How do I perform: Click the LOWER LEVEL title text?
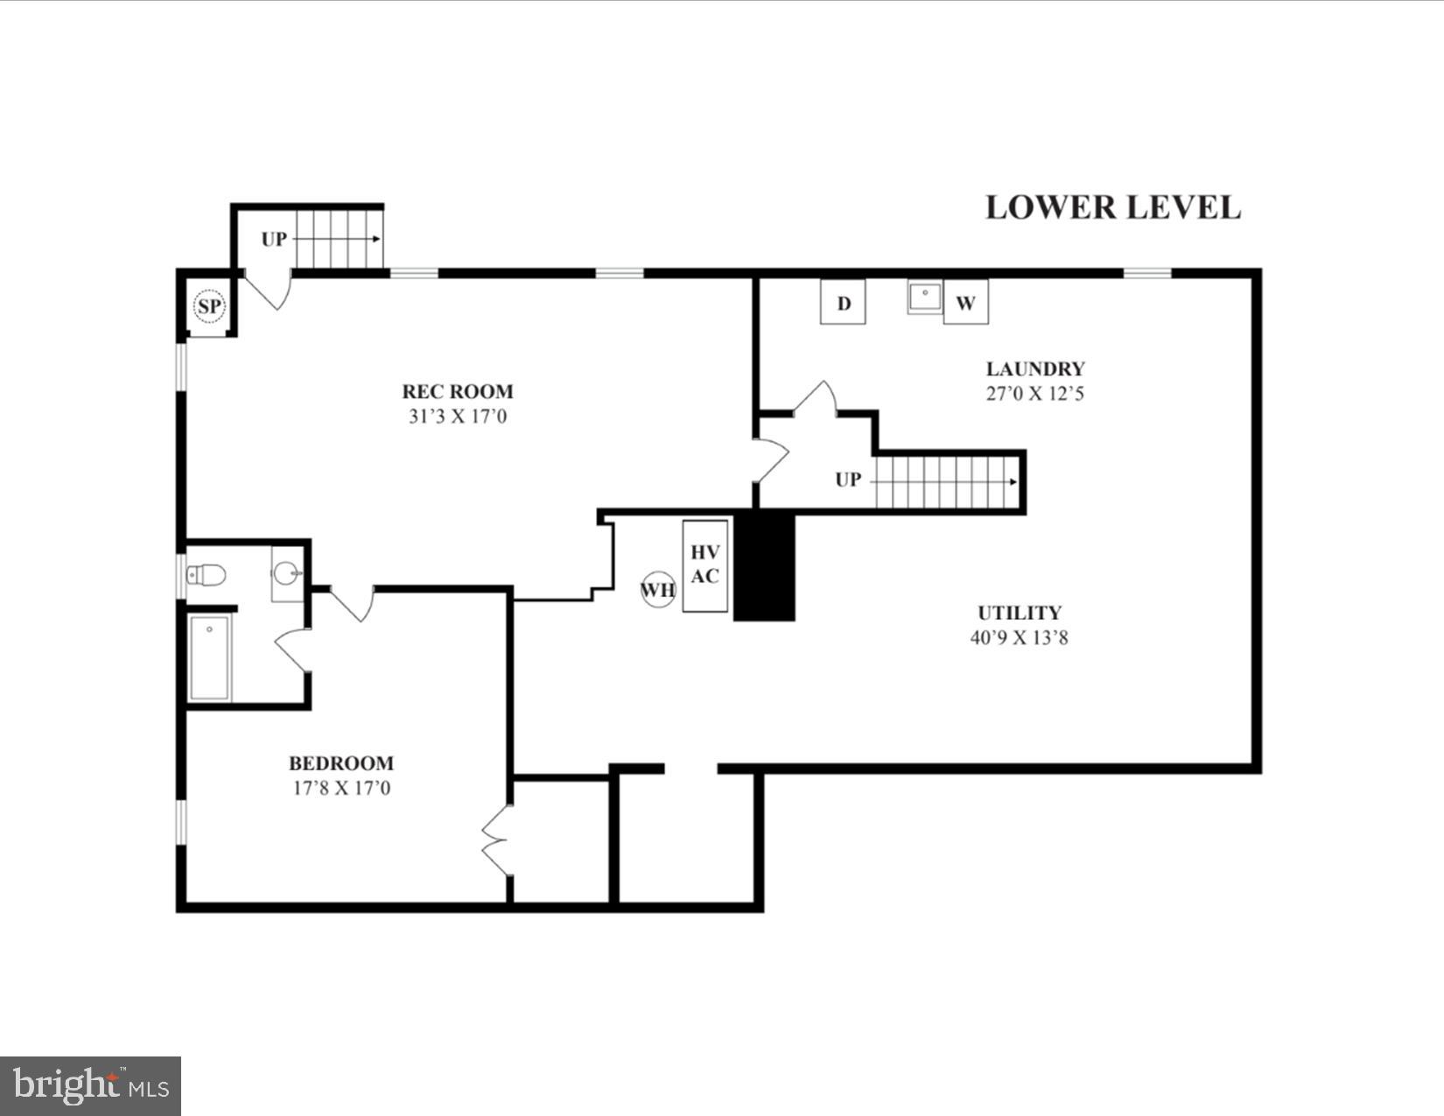pyautogui.click(x=1112, y=207)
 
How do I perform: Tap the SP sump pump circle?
pyautogui.click(x=209, y=306)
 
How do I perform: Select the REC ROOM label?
pyautogui.click(x=458, y=391)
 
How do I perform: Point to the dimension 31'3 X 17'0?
pyautogui.click(x=458, y=417)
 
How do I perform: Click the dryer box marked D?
pyautogui.click(x=843, y=303)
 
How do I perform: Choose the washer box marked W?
pyautogui.click(x=965, y=303)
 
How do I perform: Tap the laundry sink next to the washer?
pyautogui.click(x=924, y=297)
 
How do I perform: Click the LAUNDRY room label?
pyautogui.click(x=1035, y=368)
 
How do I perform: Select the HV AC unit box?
pyautogui.click(x=705, y=565)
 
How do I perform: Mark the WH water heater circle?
pyautogui.click(x=658, y=589)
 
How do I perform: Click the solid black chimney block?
pyautogui.click(x=764, y=567)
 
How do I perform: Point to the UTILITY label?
pyautogui.click(x=1020, y=613)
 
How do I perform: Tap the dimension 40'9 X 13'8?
pyautogui.click(x=1020, y=637)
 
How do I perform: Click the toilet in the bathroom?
pyautogui.click(x=207, y=575)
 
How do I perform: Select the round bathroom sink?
pyautogui.click(x=286, y=574)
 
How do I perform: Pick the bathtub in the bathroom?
pyautogui.click(x=209, y=657)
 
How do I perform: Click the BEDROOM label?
pyautogui.click(x=341, y=763)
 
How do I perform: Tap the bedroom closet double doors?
pyautogui.click(x=495, y=840)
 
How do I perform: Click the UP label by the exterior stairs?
pyautogui.click(x=274, y=239)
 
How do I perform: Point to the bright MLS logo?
pyautogui.click(x=90, y=1086)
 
